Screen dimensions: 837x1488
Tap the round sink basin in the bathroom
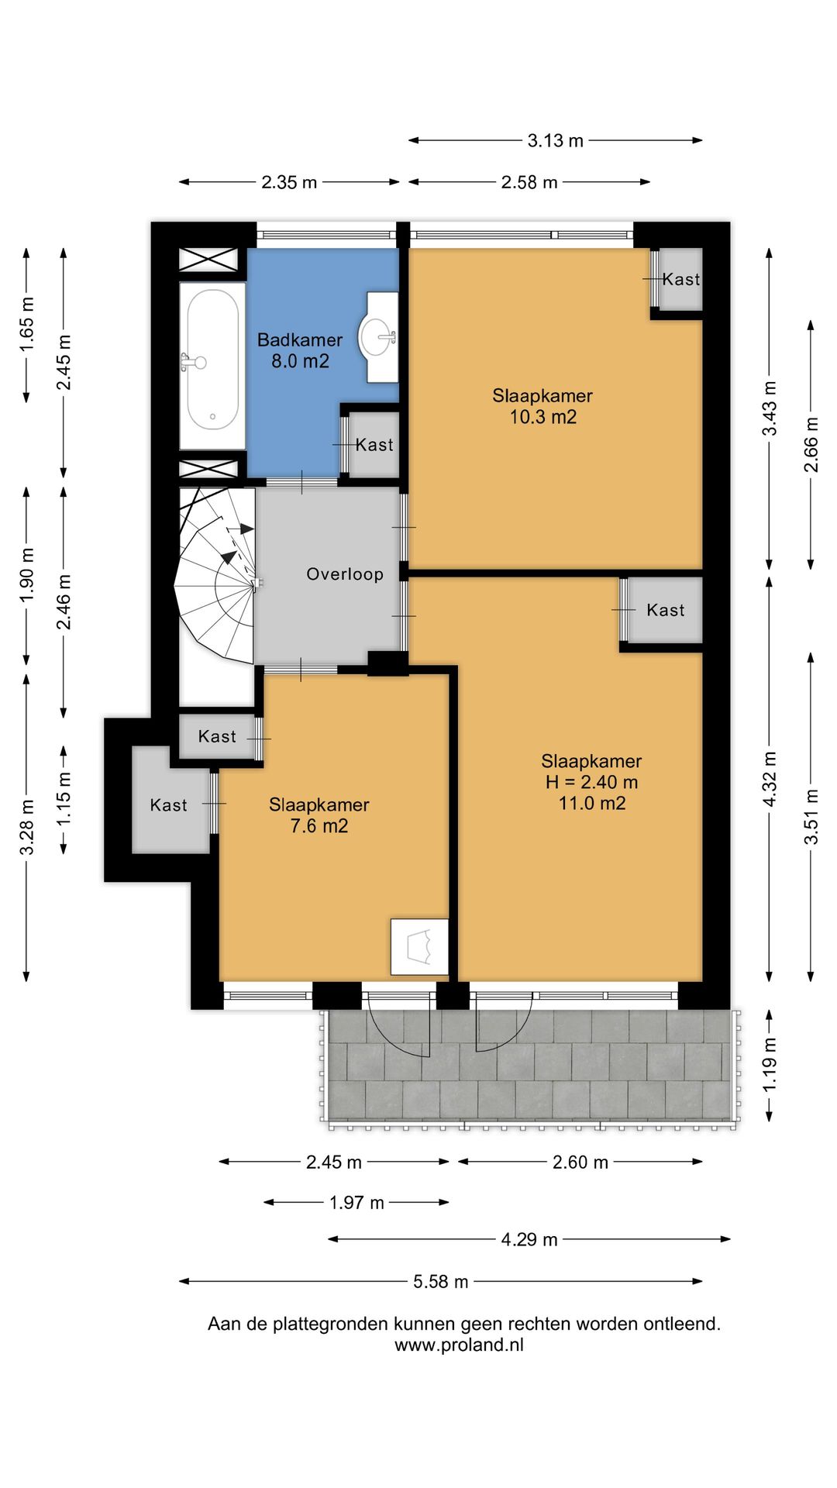377,337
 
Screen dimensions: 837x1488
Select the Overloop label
345,574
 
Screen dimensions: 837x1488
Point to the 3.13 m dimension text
556,140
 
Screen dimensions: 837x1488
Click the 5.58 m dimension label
441,1281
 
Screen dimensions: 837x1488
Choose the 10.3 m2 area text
542,417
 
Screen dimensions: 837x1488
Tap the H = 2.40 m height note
591,782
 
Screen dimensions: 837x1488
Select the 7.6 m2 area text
319,826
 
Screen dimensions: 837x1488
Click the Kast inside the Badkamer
374,445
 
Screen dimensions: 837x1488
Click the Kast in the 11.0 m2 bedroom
666,610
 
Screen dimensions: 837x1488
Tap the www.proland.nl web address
460,1345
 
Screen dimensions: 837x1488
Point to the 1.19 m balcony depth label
769,1065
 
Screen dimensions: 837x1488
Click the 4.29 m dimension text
529,1239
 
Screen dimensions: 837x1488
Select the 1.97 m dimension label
356,1203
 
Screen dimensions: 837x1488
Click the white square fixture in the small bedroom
419,946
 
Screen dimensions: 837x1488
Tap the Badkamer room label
300,339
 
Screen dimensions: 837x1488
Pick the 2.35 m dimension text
289,182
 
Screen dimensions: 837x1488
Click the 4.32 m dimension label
769,779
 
